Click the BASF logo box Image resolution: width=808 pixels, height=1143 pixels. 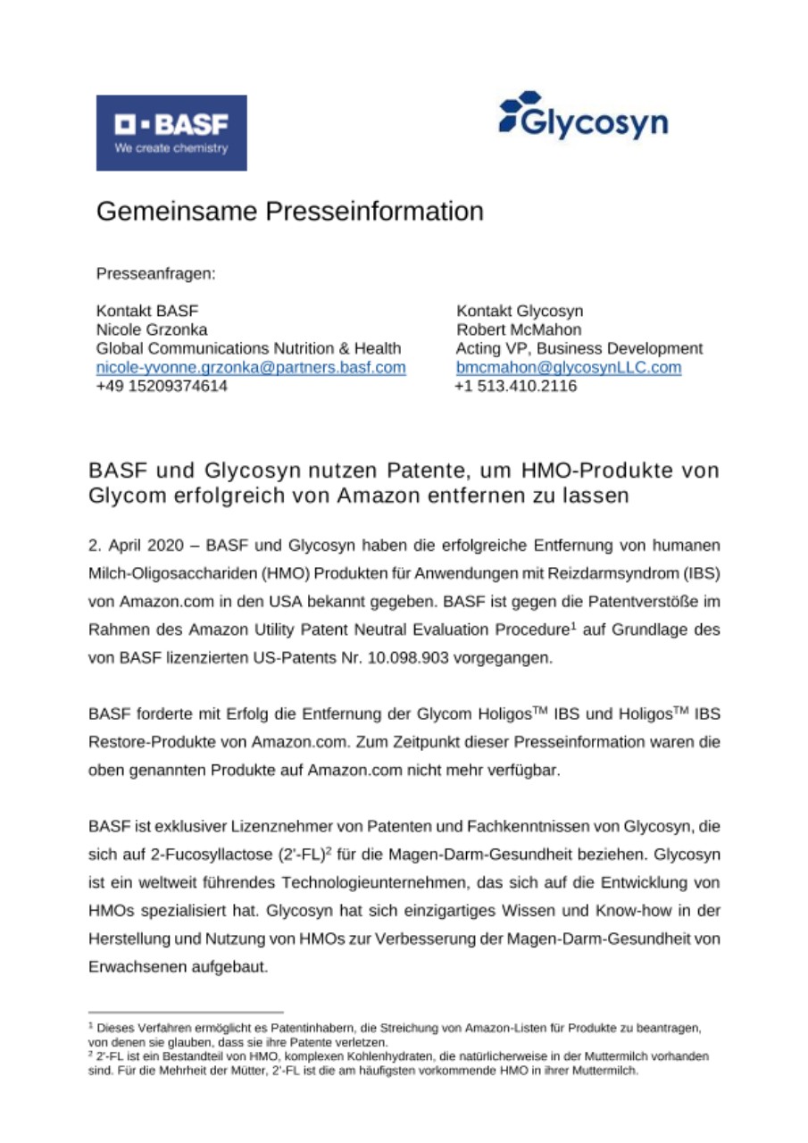point(171,132)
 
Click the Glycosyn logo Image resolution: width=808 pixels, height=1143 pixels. point(583,117)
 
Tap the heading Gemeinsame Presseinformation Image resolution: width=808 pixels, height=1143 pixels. point(289,212)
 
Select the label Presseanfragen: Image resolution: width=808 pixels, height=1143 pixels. point(155,273)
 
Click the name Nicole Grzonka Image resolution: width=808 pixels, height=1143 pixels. point(152,330)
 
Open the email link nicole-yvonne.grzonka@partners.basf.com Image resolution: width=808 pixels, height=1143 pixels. point(251,367)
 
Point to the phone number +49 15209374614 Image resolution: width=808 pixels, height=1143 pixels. point(162,386)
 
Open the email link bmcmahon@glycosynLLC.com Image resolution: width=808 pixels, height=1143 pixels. point(569,367)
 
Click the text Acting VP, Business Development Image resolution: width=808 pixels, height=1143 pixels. point(579,348)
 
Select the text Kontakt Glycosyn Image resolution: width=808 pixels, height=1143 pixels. point(520,311)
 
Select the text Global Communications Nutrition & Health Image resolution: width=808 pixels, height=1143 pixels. point(248,348)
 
